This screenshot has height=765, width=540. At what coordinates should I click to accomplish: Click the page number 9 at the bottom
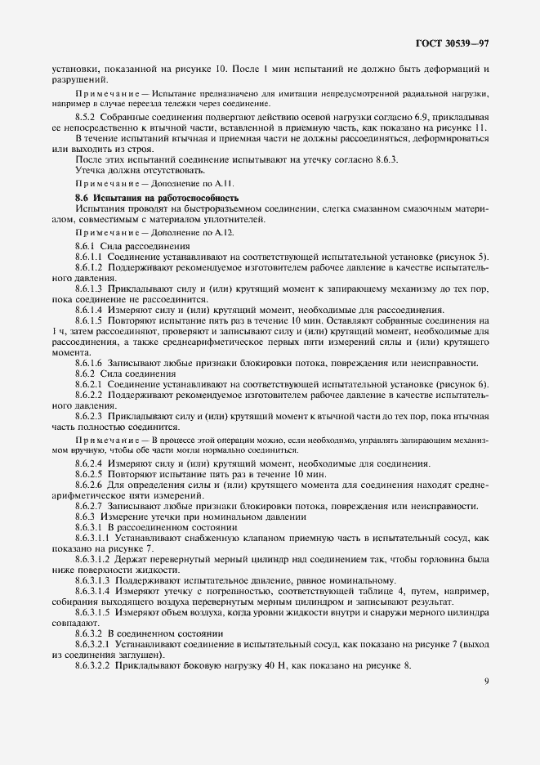[486, 676]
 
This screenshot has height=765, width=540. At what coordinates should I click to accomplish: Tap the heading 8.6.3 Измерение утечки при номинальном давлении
[190, 517]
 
